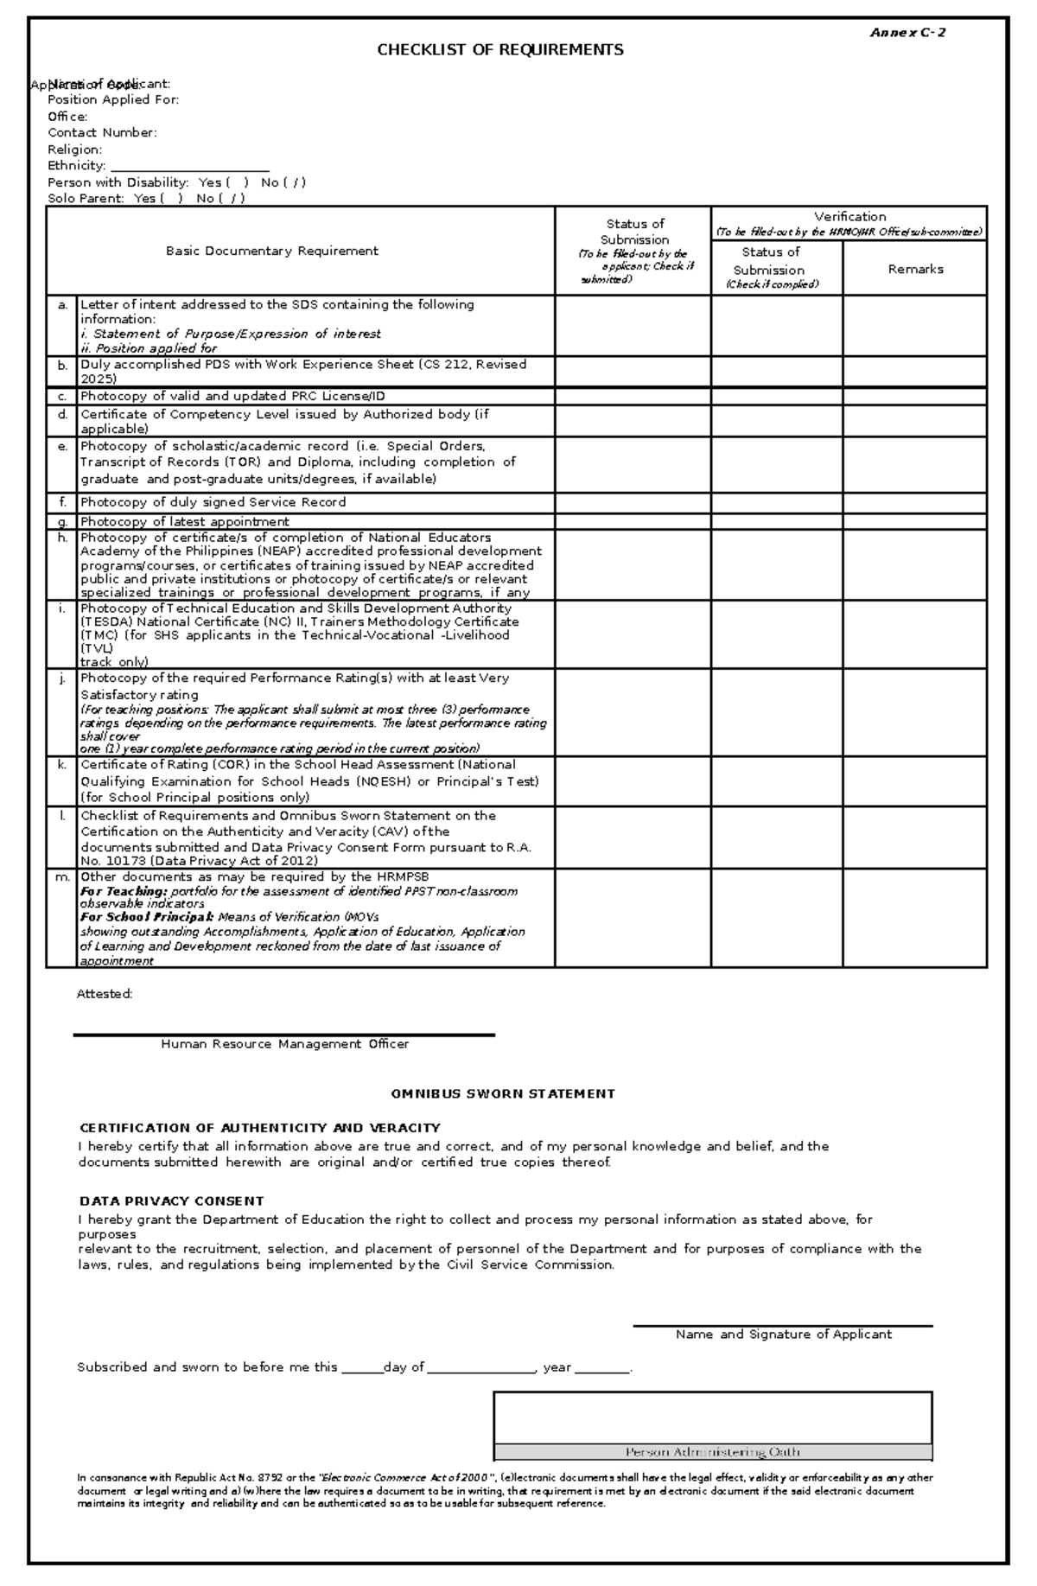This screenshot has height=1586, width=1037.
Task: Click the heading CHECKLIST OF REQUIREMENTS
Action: (499, 50)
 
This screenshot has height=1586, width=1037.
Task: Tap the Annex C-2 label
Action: (907, 33)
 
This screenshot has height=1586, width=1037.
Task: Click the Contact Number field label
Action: (102, 133)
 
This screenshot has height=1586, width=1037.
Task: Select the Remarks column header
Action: (915, 270)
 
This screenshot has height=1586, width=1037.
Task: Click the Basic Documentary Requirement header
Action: (272, 252)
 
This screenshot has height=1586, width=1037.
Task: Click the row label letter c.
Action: (62, 397)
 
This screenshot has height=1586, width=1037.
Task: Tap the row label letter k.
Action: (62, 765)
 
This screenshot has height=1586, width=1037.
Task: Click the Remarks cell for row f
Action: (914, 503)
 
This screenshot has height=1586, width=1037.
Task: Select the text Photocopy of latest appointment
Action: (185, 522)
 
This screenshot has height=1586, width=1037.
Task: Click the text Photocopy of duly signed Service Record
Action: (213, 502)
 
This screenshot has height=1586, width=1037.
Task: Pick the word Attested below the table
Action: (104, 994)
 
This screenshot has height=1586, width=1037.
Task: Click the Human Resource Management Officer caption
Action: (284, 1044)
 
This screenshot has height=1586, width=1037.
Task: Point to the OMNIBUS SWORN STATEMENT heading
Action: (503, 1094)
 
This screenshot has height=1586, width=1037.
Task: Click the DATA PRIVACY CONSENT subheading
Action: (171, 1201)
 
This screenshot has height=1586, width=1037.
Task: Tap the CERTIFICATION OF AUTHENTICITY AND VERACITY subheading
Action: (260, 1128)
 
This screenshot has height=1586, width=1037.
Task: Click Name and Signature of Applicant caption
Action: (783, 1334)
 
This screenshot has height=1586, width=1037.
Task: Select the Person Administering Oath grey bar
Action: (713, 1452)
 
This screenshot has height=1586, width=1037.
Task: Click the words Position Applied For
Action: (113, 100)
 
